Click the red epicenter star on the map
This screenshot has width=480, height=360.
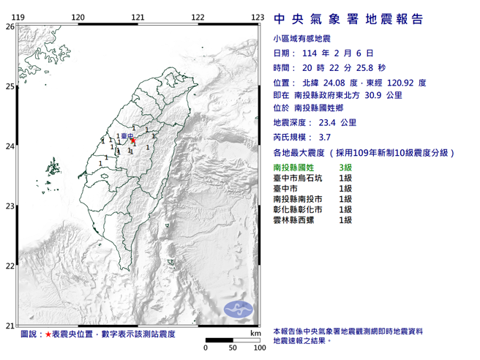(132, 140)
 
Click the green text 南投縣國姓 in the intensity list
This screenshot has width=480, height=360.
(294, 169)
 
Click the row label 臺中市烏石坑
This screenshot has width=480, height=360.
(299, 179)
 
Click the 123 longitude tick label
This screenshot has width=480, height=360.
(257, 17)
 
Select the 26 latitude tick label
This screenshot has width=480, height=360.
(9, 26)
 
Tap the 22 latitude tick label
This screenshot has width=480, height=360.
(9, 266)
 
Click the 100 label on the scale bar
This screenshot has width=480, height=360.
(258, 348)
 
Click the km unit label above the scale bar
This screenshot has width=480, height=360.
(254, 333)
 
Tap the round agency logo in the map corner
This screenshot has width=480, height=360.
(236, 310)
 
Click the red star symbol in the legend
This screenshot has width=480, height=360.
(48, 334)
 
